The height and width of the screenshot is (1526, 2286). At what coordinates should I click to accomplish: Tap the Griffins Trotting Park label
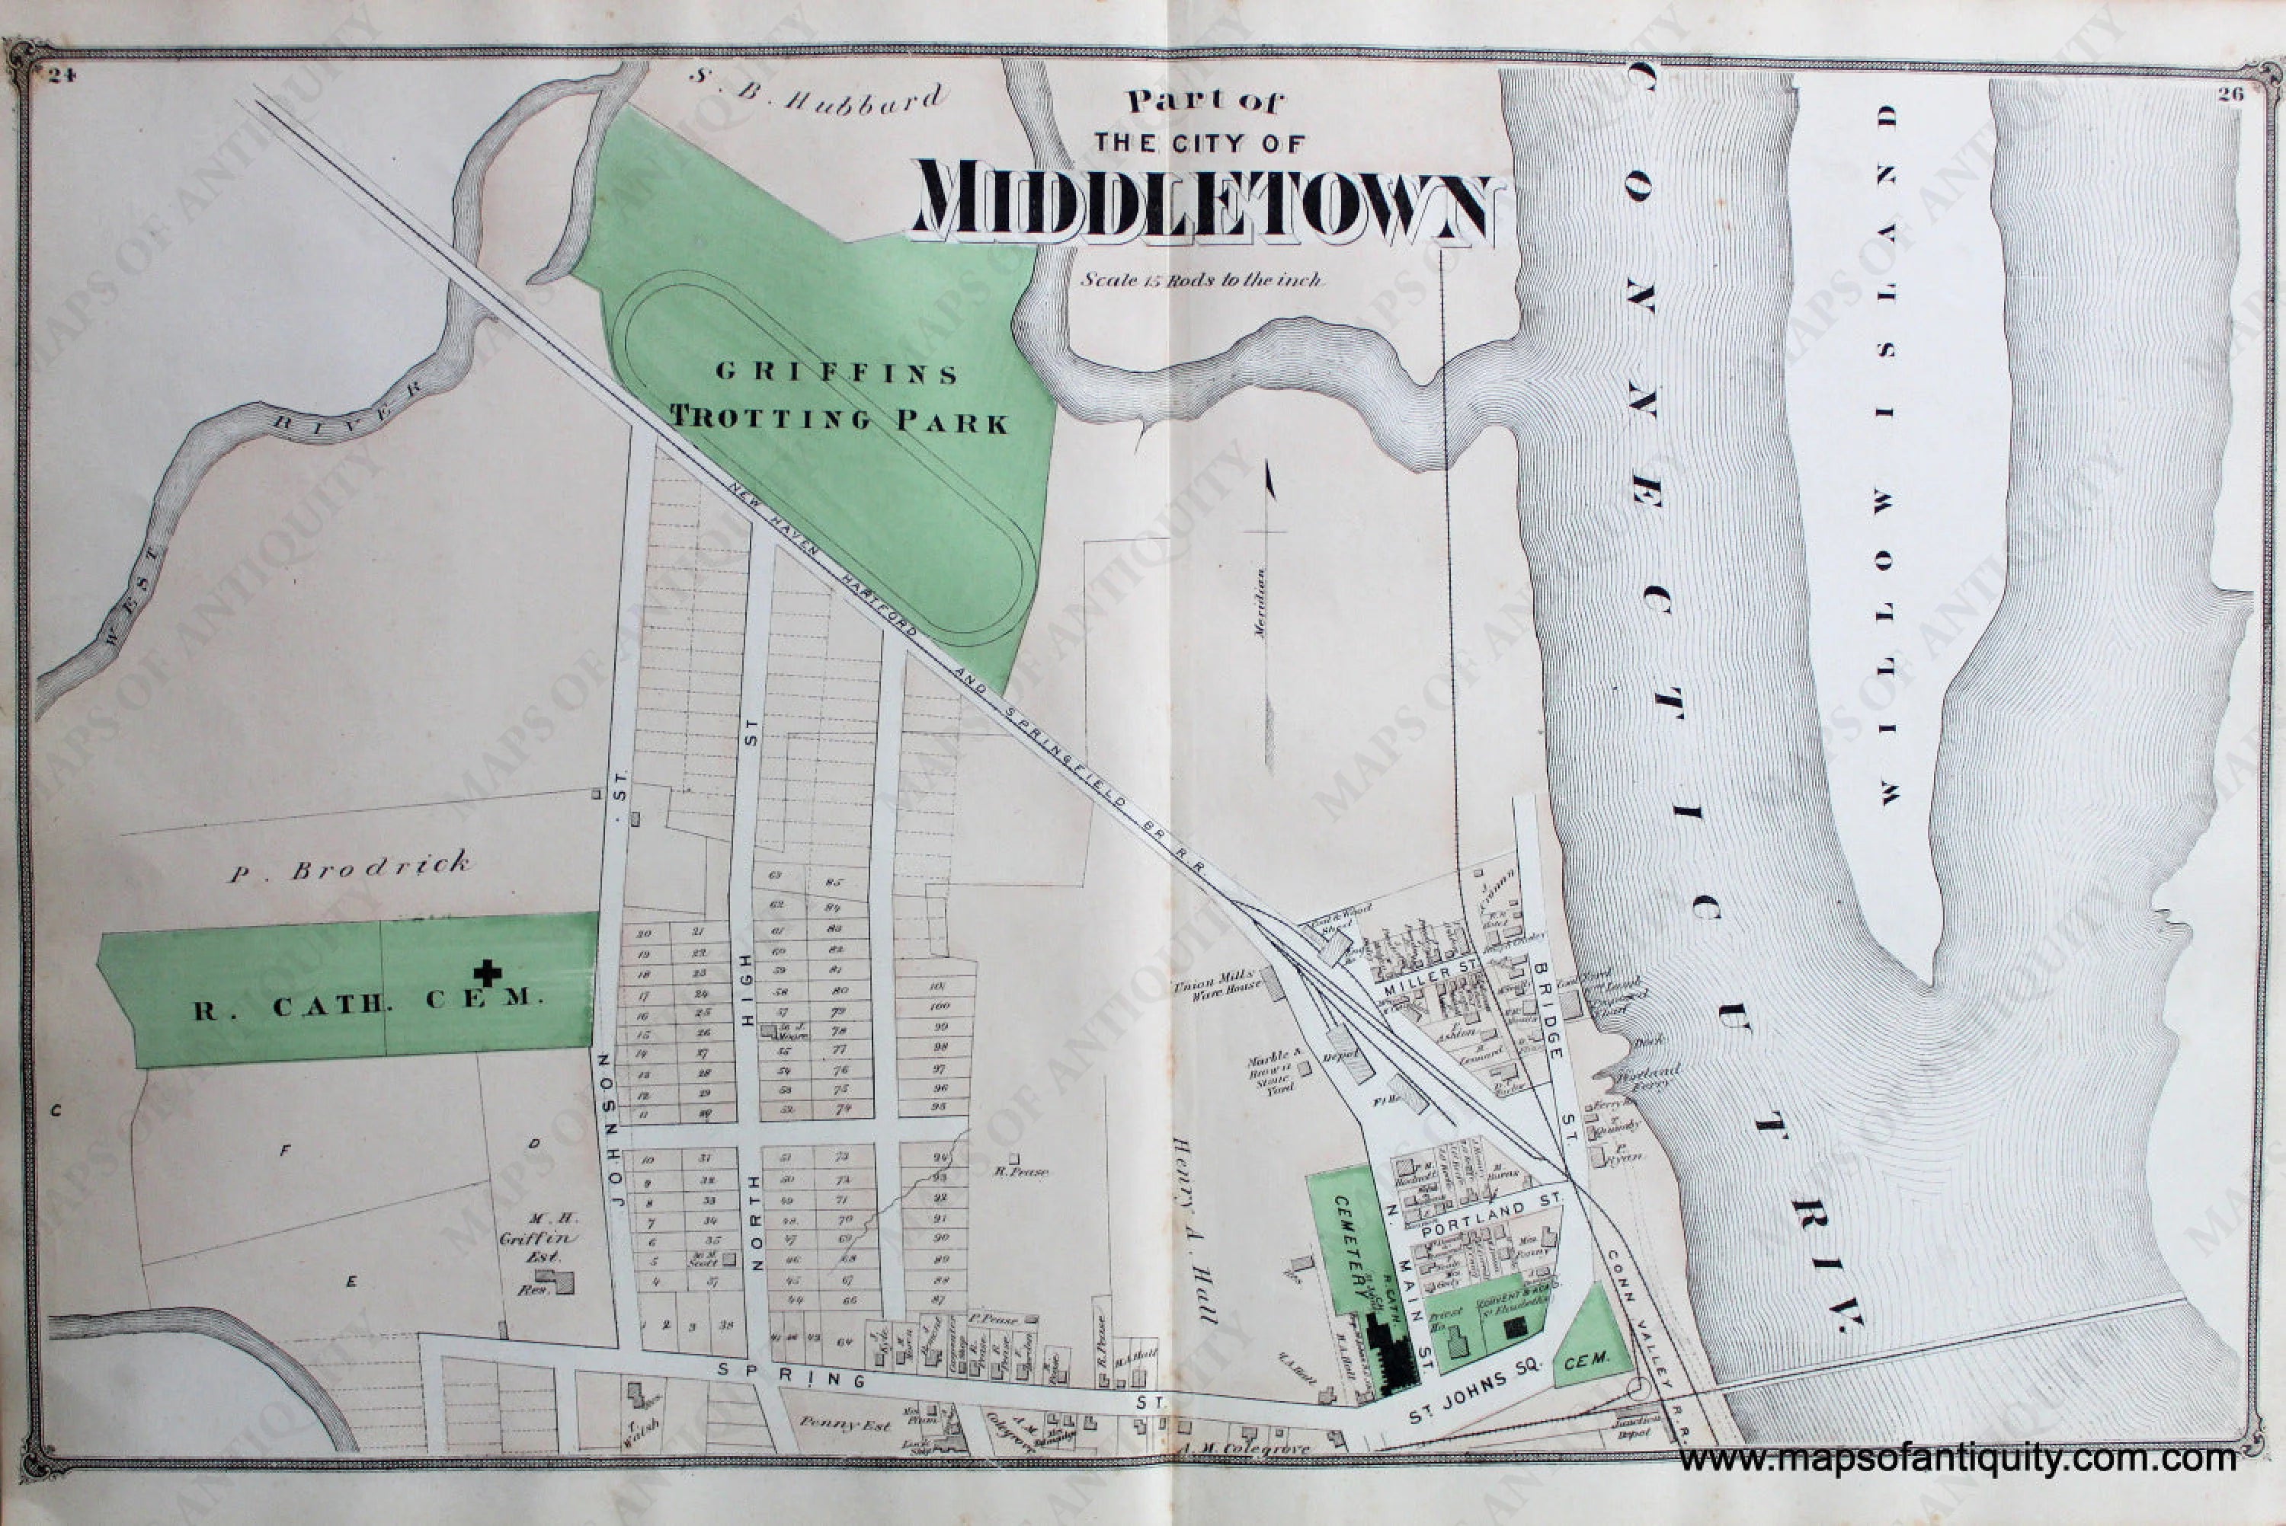coord(839,396)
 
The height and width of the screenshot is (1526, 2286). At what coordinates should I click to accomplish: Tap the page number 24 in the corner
coord(60,77)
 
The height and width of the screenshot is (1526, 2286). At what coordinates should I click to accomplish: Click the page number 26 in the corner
coord(2231,94)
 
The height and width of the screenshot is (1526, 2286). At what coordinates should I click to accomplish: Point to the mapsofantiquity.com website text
coord(1957,1459)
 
